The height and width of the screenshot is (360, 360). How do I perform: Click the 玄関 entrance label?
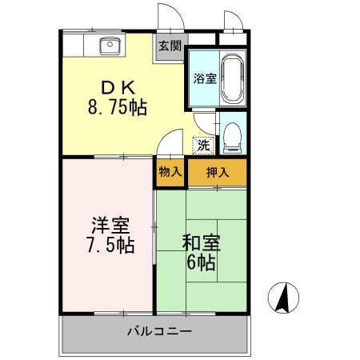[x=170, y=46]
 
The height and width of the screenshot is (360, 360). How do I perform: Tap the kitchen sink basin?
[x=108, y=46]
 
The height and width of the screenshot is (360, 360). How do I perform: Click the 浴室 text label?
[x=204, y=78]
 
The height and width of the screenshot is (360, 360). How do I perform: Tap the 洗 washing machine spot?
[x=203, y=146]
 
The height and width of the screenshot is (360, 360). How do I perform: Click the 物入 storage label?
[x=169, y=171]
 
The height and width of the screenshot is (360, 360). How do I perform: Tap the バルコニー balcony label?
[x=158, y=331]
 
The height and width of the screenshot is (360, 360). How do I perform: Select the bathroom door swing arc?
[x=203, y=122]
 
